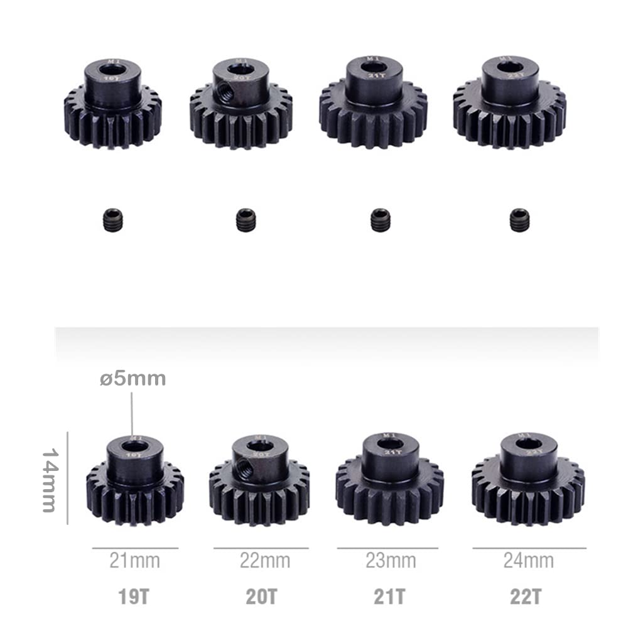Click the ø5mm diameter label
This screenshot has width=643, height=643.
[x=132, y=379]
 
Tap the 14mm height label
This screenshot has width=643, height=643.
[x=50, y=480]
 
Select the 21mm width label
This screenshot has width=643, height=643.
[x=134, y=560]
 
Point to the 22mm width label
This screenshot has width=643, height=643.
[x=265, y=560]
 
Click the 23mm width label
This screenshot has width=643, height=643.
[x=391, y=560]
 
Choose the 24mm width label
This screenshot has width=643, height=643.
[x=528, y=560]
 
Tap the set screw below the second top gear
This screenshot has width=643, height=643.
[x=246, y=220]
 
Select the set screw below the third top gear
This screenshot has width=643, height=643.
[x=380, y=220]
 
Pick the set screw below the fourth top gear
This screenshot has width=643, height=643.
[x=519, y=220]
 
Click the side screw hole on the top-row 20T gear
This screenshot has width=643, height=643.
[x=228, y=93]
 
